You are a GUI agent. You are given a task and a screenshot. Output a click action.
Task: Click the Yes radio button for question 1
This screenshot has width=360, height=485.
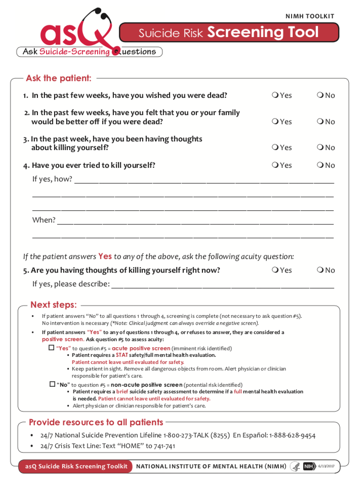click(274, 95)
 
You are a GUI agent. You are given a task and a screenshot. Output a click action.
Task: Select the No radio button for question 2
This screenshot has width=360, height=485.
click(320, 122)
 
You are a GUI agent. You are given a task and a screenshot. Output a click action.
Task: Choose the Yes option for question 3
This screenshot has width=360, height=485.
click(274, 147)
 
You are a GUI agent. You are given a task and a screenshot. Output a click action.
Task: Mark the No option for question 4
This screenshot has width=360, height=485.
click(320, 165)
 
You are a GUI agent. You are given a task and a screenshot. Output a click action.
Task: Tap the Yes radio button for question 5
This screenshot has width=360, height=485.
click(274, 270)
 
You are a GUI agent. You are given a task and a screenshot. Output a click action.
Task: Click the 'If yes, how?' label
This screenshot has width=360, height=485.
click(52, 179)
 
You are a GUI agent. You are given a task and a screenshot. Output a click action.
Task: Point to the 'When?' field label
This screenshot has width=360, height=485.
click(44, 220)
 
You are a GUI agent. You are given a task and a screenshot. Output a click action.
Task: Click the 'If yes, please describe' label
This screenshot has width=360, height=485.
click(71, 284)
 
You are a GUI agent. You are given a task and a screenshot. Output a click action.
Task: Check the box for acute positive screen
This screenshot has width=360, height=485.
click(51, 348)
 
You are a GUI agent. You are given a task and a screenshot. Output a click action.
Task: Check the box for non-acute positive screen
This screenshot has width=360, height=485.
click(52, 384)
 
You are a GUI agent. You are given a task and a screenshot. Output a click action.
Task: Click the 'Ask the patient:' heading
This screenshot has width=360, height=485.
click(59, 79)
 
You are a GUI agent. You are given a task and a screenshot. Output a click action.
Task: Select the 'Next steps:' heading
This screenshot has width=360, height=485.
click(53, 305)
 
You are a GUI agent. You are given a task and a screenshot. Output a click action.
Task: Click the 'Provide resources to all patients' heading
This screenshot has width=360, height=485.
click(96, 423)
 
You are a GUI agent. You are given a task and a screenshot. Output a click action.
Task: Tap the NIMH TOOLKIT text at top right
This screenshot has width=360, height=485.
click(310, 17)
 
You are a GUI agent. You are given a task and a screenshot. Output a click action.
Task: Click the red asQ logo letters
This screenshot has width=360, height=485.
click(76, 33)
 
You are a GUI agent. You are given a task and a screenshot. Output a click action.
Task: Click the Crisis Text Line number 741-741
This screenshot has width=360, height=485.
click(164, 446)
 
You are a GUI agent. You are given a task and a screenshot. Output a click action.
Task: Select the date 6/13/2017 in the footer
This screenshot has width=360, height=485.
click(327, 466)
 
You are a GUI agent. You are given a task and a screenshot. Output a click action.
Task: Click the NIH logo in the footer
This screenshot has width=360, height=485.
click(309, 466)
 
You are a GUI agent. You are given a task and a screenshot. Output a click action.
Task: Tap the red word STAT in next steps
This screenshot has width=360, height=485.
click(122, 355)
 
